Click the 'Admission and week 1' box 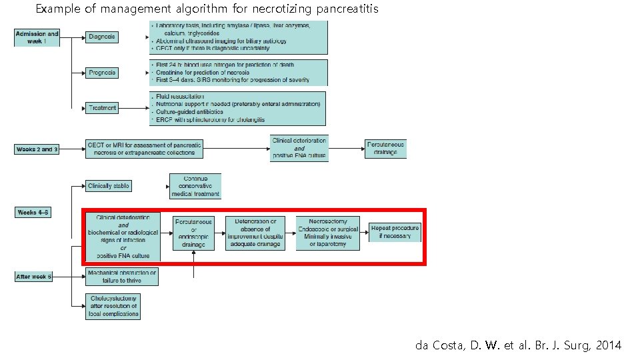(x=37, y=37)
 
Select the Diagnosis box (x=102, y=37)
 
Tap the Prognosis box (x=102, y=72)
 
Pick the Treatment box (x=102, y=107)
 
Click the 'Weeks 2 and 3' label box (x=37, y=149)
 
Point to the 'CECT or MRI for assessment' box (x=145, y=149)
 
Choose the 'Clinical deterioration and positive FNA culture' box (x=299, y=149)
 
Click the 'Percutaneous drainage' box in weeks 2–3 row (x=386, y=149)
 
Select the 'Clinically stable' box (x=109, y=185)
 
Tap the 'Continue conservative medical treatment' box (x=195, y=186)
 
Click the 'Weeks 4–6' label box (x=33, y=213)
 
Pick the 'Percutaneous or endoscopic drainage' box (x=193, y=233)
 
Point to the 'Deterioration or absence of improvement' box (x=255, y=233)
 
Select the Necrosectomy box (x=327, y=233)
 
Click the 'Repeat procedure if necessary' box (x=395, y=232)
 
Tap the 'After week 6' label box (x=34, y=276)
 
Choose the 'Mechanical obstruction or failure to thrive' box (x=122, y=277)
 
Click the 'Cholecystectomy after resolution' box (x=113, y=306)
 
